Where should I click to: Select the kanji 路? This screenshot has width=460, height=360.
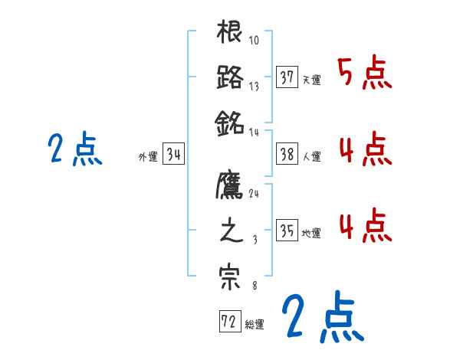point(230,77)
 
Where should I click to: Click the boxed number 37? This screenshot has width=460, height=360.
point(287,77)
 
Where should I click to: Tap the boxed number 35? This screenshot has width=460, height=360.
point(287,231)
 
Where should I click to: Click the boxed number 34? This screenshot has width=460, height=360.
point(174,155)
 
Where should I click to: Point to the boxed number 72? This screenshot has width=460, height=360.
point(229,322)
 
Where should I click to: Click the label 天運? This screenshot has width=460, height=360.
point(311,80)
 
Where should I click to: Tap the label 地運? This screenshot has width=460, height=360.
point(311,234)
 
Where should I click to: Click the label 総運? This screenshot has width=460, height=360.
point(255,324)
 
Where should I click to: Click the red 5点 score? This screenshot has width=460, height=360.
point(365,73)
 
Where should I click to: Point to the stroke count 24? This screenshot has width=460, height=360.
point(254,195)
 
